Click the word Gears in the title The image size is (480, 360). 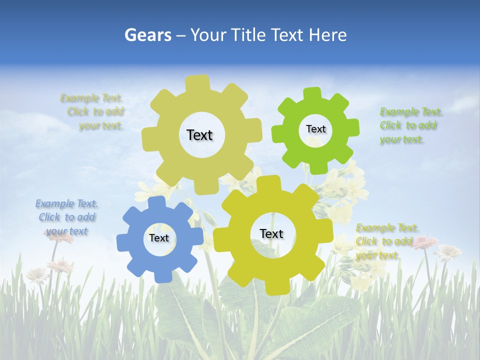click(x=147, y=35)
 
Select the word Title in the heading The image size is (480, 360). click(x=251, y=35)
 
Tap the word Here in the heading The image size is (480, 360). click(x=327, y=35)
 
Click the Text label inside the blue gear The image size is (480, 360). click(x=159, y=238)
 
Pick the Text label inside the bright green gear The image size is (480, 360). click(x=315, y=129)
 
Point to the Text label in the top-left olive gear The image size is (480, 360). click(x=199, y=135)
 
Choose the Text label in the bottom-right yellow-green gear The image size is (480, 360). click(x=271, y=233)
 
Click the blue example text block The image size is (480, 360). click(x=66, y=217)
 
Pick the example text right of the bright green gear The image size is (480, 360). click(x=410, y=125)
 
